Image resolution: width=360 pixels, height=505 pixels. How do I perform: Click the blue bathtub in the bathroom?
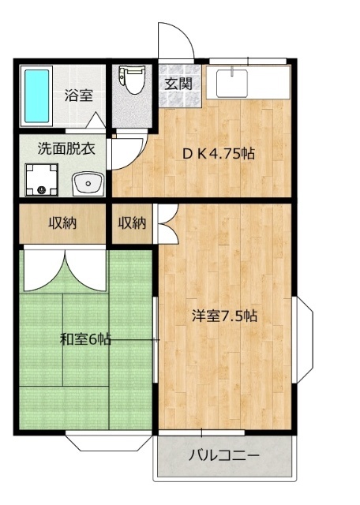pyautogui.click(x=37, y=96)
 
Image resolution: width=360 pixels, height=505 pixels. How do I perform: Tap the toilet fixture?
pyautogui.click(x=132, y=80)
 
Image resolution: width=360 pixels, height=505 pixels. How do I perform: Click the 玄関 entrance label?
pyautogui.click(x=178, y=84)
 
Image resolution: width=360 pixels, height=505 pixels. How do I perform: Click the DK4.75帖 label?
pyautogui.click(x=219, y=155)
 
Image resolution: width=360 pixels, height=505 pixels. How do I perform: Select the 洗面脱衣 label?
pyautogui.click(x=66, y=149)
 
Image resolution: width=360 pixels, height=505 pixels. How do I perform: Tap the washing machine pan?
pyautogui.click(x=42, y=180)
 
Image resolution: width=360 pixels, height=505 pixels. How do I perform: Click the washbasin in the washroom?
pyautogui.click(x=88, y=184)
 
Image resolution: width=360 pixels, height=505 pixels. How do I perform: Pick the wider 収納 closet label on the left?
pyautogui.click(x=62, y=223)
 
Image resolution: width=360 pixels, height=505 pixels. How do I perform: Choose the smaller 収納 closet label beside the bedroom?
pyautogui.click(x=132, y=223)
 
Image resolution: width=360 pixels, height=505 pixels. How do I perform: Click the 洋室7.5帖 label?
pyautogui.click(x=225, y=316)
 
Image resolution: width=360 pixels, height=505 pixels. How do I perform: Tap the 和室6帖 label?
pyautogui.click(x=86, y=339)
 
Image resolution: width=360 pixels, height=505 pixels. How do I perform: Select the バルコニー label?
pyautogui.click(x=224, y=456)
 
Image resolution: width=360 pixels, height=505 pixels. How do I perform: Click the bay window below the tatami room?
pyautogui.click(x=109, y=443)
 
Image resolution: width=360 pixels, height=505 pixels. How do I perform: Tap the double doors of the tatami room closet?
pyautogui.click(x=65, y=269)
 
